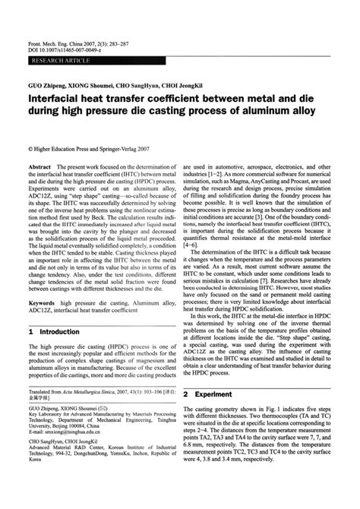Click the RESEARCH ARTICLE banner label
point(57,36)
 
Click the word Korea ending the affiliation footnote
point(36,460)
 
